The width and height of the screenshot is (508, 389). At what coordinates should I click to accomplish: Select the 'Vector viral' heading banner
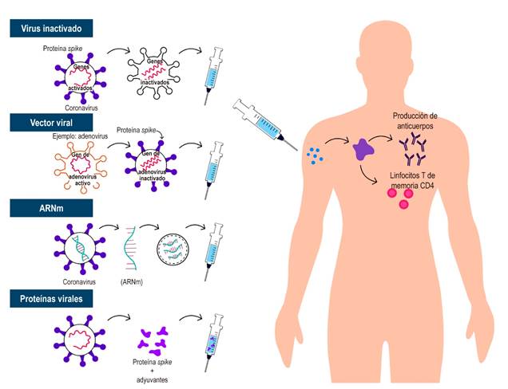click(45, 123)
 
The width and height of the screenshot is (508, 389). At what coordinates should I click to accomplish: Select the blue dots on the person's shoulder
click(317, 154)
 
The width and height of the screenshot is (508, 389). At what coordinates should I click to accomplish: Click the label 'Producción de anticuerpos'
click(426, 120)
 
